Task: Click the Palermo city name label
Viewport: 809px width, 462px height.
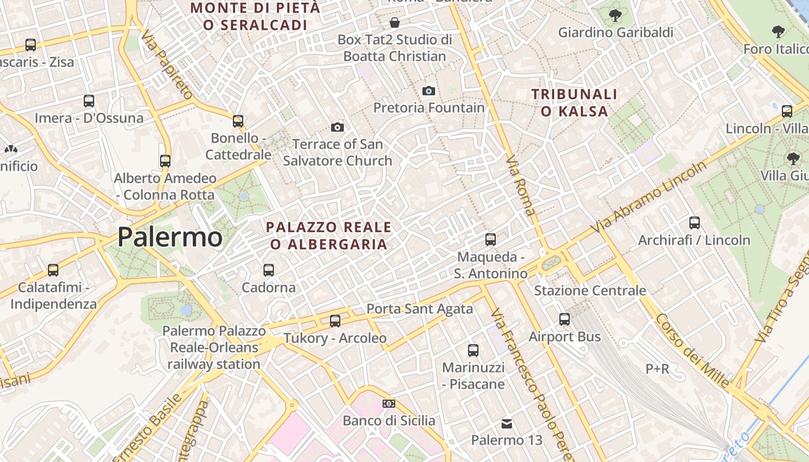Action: click(x=170, y=237)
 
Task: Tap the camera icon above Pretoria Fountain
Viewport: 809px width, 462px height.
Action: click(x=428, y=91)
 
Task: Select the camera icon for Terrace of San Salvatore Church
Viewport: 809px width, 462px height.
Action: click(x=337, y=127)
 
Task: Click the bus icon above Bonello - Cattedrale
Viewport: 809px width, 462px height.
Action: click(x=238, y=121)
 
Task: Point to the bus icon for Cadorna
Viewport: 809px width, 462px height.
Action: click(x=268, y=270)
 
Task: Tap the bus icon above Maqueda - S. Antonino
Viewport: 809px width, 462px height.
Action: click(x=491, y=239)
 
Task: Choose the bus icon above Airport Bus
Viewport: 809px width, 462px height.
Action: click(x=565, y=319)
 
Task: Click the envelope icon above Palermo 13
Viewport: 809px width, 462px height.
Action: click(x=507, y=424)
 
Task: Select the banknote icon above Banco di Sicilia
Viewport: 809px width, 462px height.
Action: click(x=389, y=404)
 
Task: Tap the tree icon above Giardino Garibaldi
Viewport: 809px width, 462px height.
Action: click(x=615, y=15)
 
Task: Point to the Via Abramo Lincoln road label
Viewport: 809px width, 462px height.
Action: click(x=648, y=198)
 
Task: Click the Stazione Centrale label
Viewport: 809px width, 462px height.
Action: click(x=589, y=290)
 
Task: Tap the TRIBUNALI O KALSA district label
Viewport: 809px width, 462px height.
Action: click(x=574, y=102)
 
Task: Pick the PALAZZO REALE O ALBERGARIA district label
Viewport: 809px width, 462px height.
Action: click(x=329, y=236)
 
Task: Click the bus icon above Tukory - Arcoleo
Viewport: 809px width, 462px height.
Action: click(x=335, y=321)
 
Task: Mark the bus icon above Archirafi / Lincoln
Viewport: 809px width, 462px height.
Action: click(x=695, y=222)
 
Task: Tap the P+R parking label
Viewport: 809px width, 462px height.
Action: click(x=657, y=368)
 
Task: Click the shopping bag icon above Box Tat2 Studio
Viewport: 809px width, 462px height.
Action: click(x=395, y=23)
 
